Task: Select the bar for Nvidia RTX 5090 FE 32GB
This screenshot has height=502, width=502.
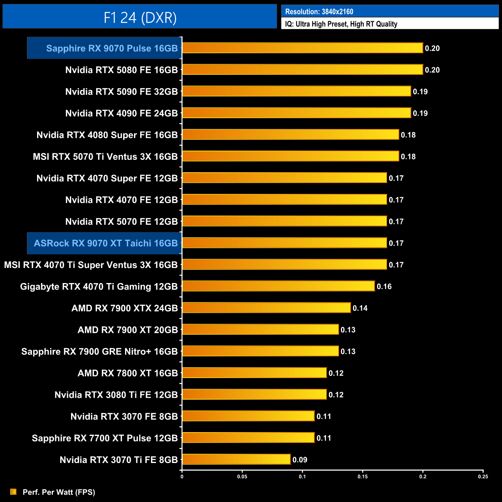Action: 296,91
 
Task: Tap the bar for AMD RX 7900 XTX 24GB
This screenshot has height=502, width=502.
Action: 266,308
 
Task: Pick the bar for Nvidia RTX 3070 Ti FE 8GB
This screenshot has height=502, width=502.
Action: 236,459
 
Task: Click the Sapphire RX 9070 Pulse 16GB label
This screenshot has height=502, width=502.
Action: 112,48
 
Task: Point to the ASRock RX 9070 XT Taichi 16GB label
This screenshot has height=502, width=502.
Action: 105,243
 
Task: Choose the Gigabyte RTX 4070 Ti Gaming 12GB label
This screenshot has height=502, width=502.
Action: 99,287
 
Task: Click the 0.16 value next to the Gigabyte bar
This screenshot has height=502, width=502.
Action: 384,287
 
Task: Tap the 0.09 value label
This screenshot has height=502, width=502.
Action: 300,460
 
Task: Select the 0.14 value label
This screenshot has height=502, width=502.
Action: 360,308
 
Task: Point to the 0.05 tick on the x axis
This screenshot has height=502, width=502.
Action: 242,477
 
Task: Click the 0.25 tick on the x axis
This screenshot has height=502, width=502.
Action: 483,477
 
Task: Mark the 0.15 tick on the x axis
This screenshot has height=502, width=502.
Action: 363,477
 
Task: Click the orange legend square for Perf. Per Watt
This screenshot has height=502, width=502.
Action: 14,492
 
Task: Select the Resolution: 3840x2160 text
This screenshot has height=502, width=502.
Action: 319,12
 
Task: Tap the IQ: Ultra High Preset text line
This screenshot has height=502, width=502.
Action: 341,24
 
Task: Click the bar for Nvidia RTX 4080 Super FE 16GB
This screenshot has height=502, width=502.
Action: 290,134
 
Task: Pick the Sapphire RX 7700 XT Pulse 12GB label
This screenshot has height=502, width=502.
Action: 105,438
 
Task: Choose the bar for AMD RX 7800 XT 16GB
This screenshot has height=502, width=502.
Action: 254,373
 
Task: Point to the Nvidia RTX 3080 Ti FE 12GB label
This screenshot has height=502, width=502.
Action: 116,395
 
